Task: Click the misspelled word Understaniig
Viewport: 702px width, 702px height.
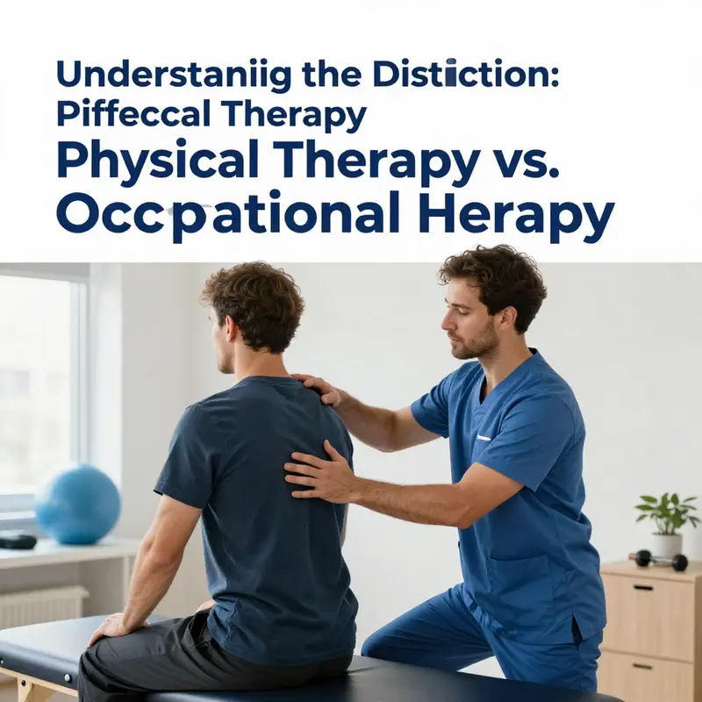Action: coord(169,74)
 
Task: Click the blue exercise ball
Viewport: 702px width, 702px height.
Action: coord(78,504)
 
